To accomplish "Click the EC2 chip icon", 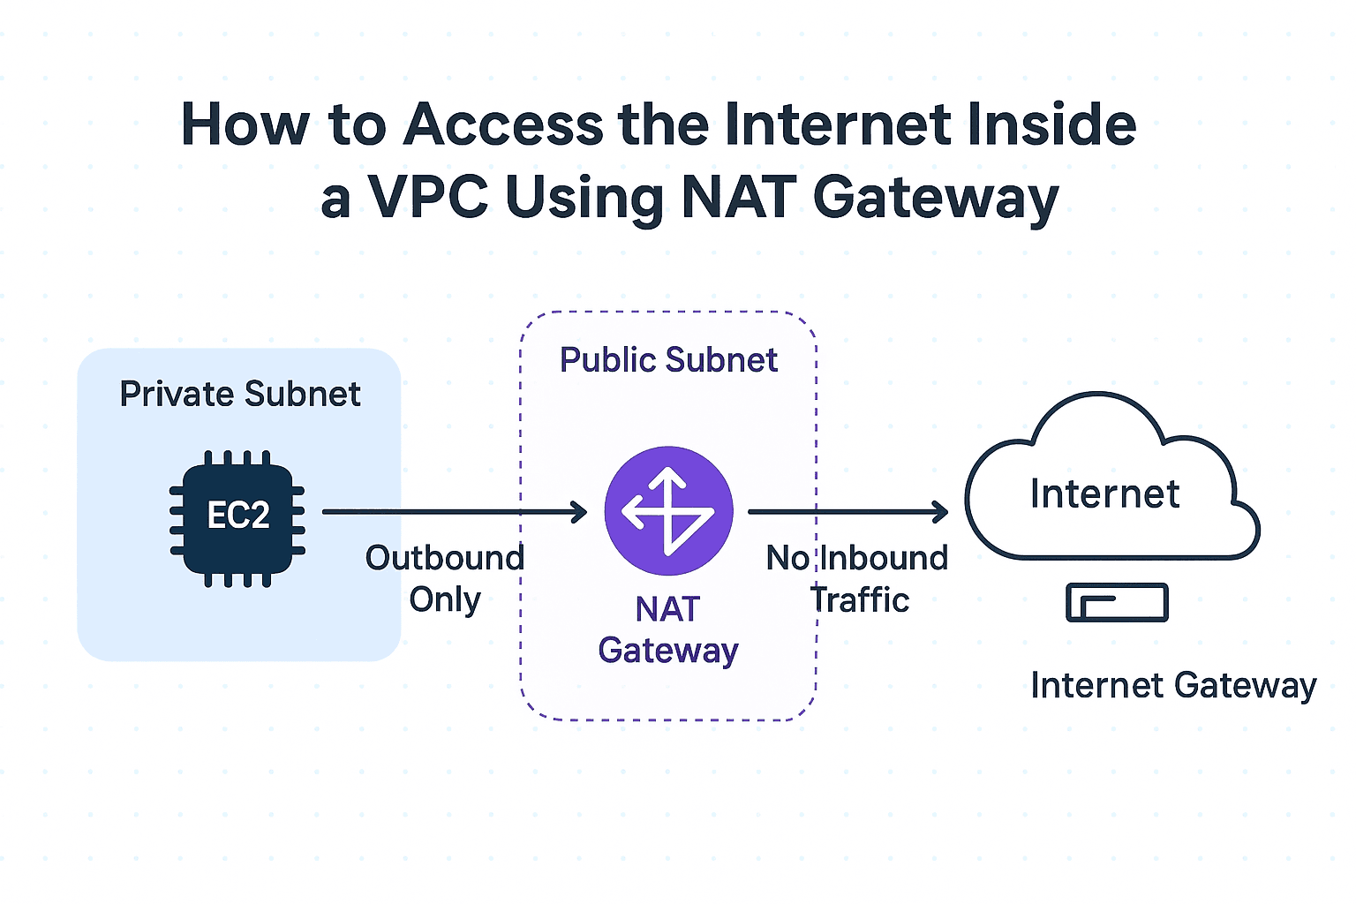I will pyautogui.click(x=237, y=515).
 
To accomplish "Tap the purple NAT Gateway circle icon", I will pyautogui.click(x=668, y=511).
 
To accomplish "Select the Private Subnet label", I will pyautogui.click(x=240, y=394).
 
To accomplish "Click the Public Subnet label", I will pyautogui.click(x=668, y=360).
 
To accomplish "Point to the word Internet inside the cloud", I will pyautogui.click(x=1104, y=493).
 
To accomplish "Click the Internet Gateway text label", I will pyautogui.click(x=1173, y=685).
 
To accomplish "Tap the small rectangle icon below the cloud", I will pyautogui.click(x=1117, y=603).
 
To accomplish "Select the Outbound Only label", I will pyautogui.click(x=445, y=578).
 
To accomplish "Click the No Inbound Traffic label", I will pyautogui.click(x=857, y=578).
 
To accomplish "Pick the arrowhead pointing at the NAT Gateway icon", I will pyautogui.click(x=580, y=512).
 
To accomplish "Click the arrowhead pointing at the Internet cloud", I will pyautogui.click(x=941, y=512).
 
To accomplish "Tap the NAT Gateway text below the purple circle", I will pyautogui.click(x=668, y=629).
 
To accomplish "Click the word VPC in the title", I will pyautogui.click(x=428, y=197).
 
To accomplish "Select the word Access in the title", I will pyautogui.click(x=503, y=124).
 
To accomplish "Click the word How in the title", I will pyautogui.click(x=245, y=124).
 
